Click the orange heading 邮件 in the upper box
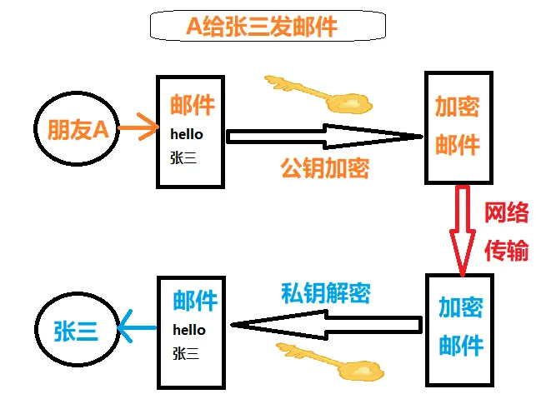[193, 105]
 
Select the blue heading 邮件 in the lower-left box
[195, 301]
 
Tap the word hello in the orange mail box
[187, 133]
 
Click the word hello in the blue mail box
[189, 330]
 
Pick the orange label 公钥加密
[324, 168]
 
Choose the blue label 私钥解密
[325, 292]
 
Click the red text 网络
[507, 213]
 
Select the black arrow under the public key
[325, 136]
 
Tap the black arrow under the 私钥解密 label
[325, 324]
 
